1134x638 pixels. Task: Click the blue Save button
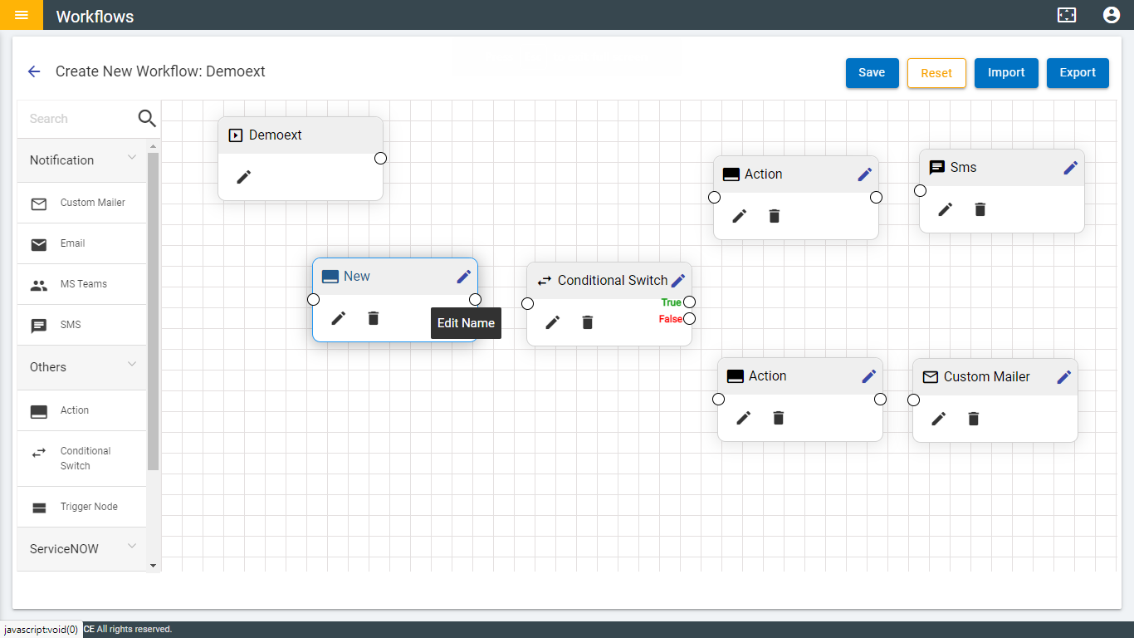click(x=871, y=72)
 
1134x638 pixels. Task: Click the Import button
click(x=1006, y=72)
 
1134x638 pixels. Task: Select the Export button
click(x=1078, y=72)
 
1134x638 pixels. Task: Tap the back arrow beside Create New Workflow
click(x=34, y=71)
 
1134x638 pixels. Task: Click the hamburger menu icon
click(x=22, y=15)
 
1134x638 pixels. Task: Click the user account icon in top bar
click(x=1112, y=15)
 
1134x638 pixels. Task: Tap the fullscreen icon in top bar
click(x=1067, y=15)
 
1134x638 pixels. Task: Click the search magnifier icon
click(x=147, y=119)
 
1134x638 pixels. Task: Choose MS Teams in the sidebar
click(x=83, y=284)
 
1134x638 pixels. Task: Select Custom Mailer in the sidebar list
click(x=92, y=203)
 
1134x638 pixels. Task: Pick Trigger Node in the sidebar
click(x=88, y=507)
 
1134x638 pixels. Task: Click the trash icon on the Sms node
click(x=980, y=209)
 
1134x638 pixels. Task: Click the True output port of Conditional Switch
click(x=689, y=302)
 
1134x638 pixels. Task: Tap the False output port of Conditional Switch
click(x=689, y=318)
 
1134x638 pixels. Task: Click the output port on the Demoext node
click(x=380, y=158)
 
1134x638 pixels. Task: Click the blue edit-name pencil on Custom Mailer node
click(x=1064, y=376)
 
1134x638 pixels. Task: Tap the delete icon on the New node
click(x=374, y=318)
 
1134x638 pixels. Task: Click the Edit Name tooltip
click(x=466, y=323)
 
